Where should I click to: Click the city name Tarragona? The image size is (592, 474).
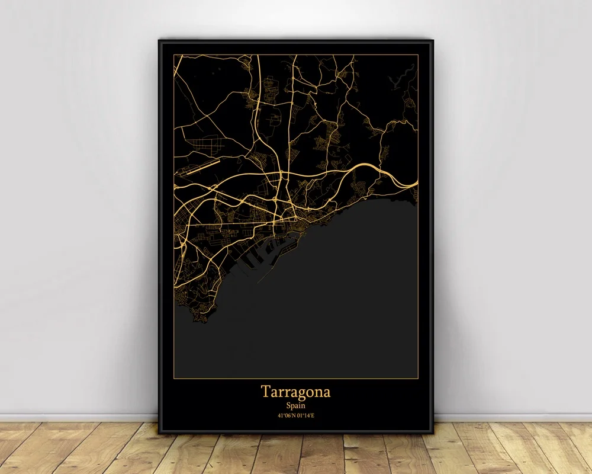(295, 392)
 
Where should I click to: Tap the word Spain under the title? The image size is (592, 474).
(295, 406)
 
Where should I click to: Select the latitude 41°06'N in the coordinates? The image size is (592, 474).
(287, 415)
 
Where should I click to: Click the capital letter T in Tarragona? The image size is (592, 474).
(264, 392)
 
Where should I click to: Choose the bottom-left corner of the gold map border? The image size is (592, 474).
(174, 377)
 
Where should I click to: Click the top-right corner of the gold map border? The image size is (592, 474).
(418, 55)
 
